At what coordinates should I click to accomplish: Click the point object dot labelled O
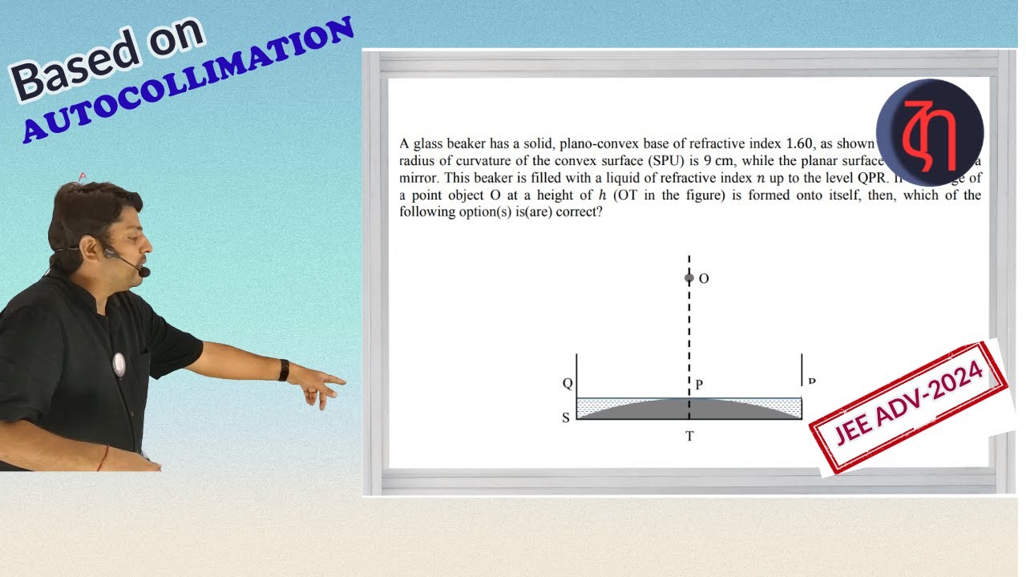(689, 278)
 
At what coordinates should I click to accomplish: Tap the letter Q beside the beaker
(568, 383)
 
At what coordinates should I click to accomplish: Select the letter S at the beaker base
(566, 418)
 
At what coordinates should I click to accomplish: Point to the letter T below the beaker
(689, 436)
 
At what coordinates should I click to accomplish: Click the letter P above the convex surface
(699, 385)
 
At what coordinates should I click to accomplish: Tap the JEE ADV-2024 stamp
(909, 407)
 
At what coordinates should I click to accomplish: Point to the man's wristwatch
(284, 369)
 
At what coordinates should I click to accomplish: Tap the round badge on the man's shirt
(119, 364)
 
